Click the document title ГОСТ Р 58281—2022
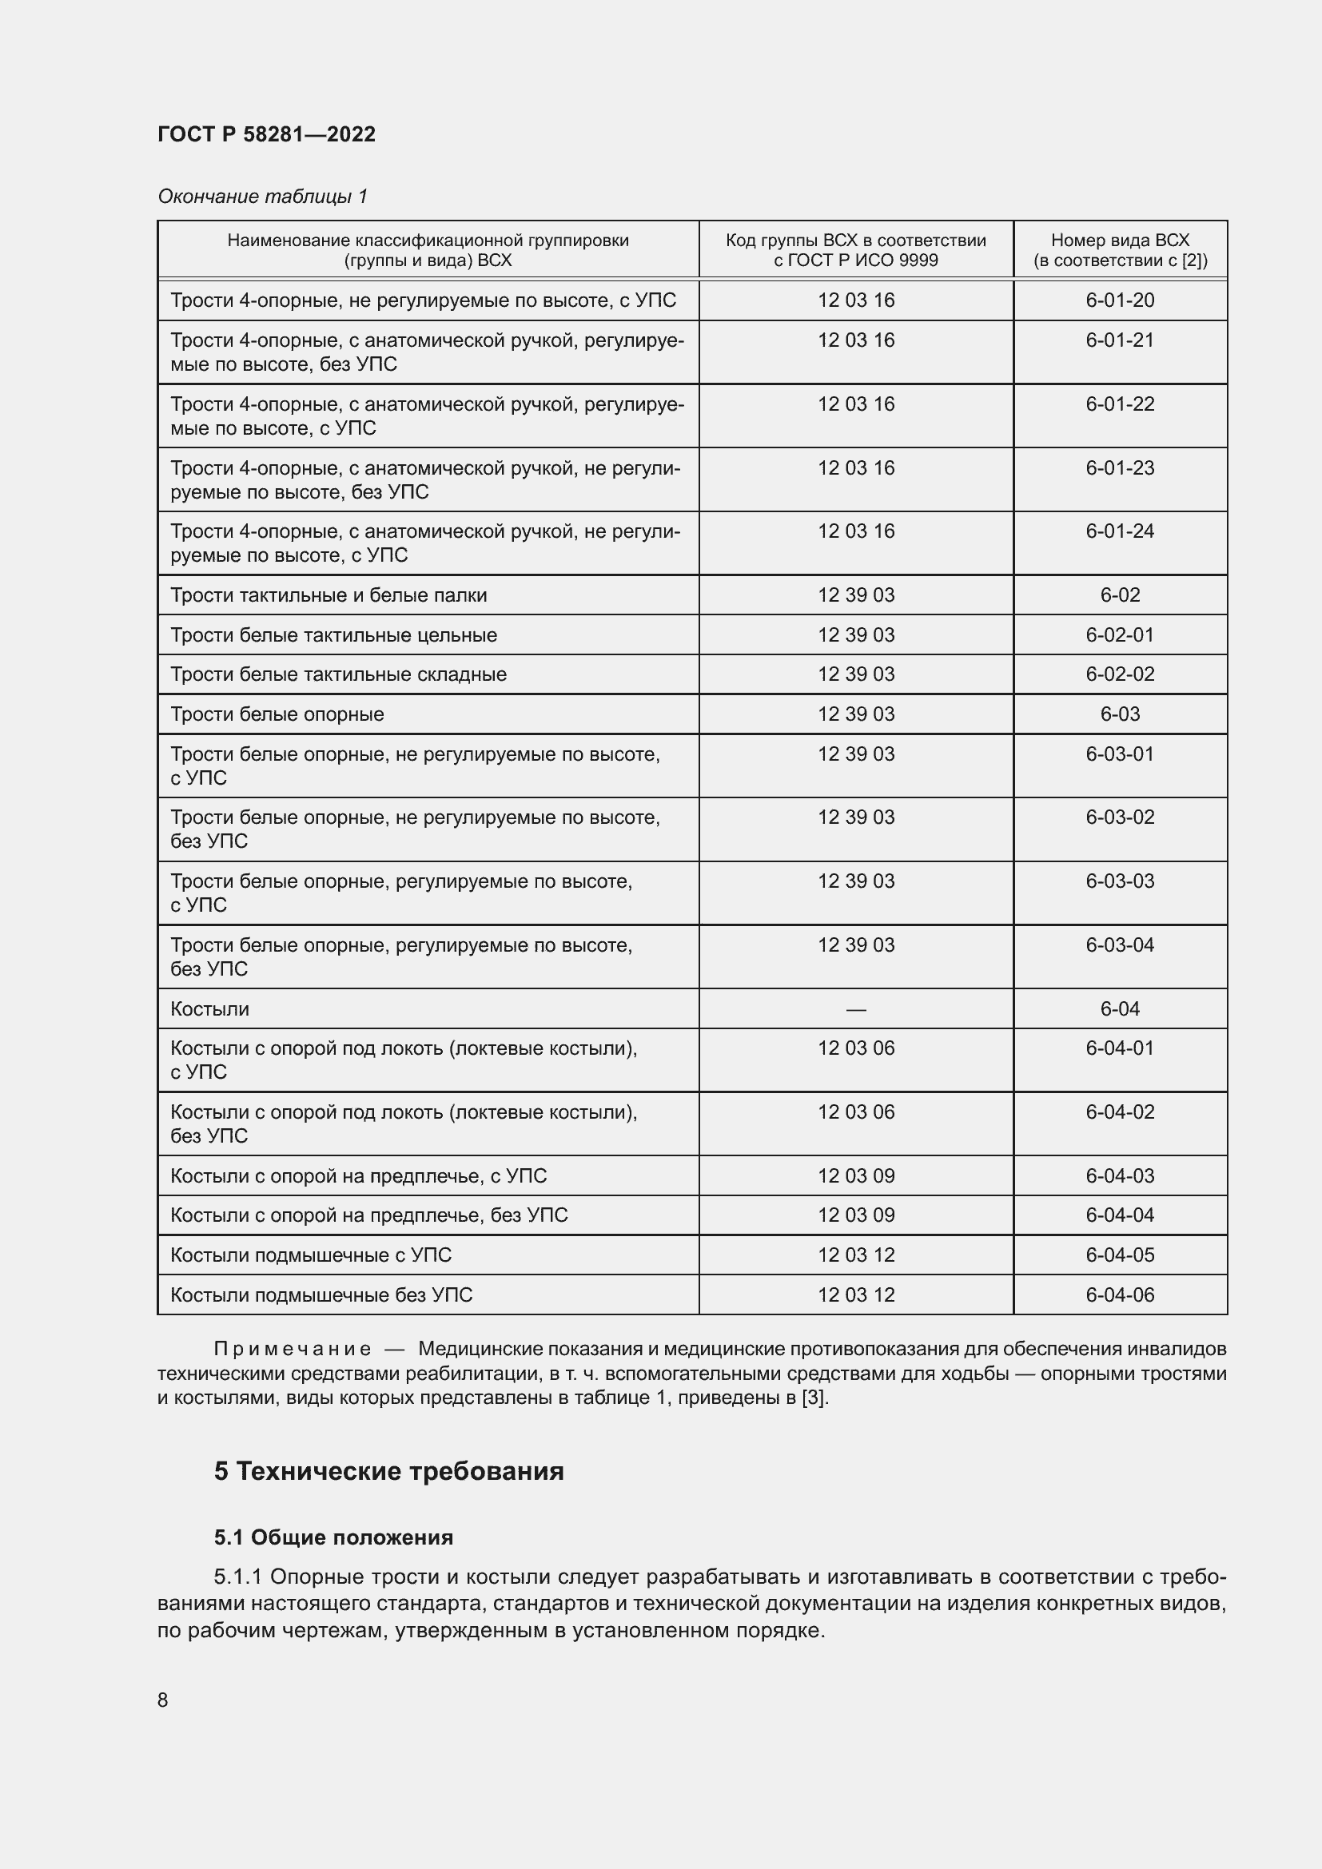266,134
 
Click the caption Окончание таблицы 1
262,197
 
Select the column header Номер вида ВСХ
1119,250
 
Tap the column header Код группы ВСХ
855,250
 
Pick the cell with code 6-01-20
1119,300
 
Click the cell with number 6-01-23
1119,468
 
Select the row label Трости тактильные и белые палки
328,595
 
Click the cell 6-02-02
1119,674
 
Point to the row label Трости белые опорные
277,714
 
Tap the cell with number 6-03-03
1119,881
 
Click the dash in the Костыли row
855,1009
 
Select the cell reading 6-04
1119,1008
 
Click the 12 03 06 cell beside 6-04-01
855,1048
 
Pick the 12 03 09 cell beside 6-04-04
855,1215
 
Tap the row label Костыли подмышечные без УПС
321,1294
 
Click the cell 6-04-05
1119,1255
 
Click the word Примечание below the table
293,1349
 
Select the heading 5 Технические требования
388,1471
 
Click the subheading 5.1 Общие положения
333,1537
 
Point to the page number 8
163,1700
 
